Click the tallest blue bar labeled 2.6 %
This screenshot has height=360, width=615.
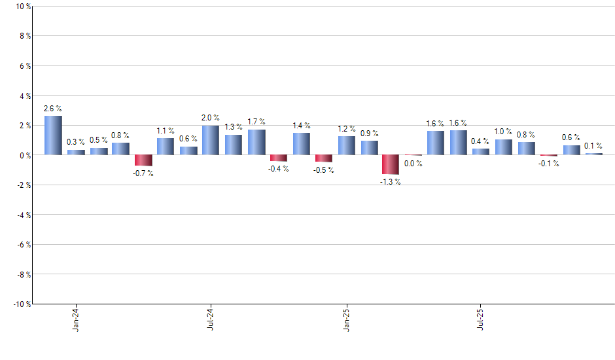point(53,135)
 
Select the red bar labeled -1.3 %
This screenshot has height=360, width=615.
point(391,164)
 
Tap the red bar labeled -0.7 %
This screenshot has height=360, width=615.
point(143,160)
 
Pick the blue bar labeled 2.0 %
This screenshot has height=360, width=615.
point(211,140)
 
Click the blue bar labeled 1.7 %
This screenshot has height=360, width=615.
point(256,142)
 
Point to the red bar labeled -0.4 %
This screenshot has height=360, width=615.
point(279,158)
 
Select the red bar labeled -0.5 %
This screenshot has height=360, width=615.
point(324,158)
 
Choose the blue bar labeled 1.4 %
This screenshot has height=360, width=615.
point(302,144)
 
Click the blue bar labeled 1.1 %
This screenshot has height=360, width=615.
point(166,147)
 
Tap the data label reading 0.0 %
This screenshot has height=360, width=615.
point(413,164)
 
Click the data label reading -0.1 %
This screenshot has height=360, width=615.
point(548,164)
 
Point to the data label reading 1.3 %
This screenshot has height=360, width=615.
point(233,127)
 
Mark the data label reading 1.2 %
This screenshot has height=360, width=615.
point(346,129)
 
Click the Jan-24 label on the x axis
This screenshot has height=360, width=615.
point(76,318)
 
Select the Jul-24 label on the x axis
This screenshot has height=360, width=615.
point(211,318)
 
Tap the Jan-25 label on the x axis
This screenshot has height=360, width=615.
point(346,318)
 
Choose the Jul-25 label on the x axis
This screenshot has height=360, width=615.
point(481,318)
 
